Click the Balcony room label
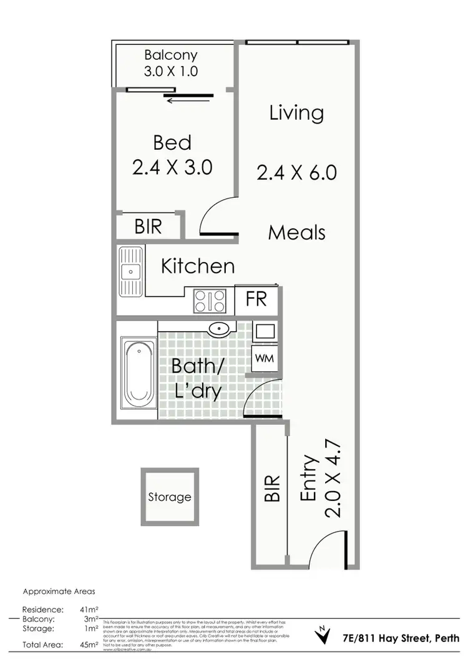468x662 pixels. click(x=171, y=54)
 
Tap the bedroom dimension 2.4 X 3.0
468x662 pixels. click(x=172, y=167)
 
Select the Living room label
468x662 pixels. click(x=296, y=113)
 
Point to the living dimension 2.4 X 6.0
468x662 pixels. click(x=296, y=172)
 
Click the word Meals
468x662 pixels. click(x=296, y=233)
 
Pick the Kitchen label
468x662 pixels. click(x=198, y=266)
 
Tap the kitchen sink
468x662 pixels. click(x=130, y=271)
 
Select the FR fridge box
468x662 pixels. click(x=256, y=299)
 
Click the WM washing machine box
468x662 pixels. click(x=263, y=359)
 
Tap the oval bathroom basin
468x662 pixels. click(x=219, y=329)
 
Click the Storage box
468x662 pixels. click(x=169, y=497)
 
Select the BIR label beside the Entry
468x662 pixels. click(x=271, y=490)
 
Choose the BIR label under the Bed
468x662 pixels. click(x=148, y=226)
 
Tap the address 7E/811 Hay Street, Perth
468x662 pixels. click(x=400, y=638)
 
